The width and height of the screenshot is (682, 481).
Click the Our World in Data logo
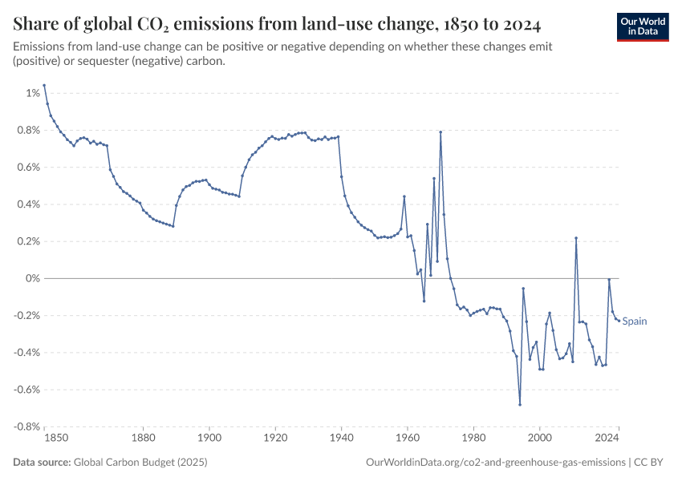coord(642,26)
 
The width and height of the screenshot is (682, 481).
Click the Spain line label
coord(634,321)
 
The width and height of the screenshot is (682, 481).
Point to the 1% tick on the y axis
coord(32,93)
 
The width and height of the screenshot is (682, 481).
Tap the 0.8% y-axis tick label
coord(27,130)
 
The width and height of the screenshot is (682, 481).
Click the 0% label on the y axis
coord(32,278)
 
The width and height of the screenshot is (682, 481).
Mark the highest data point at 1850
coord(44,85)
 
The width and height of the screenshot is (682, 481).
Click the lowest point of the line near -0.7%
coord(520,404)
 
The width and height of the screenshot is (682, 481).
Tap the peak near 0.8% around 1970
coord(440,131)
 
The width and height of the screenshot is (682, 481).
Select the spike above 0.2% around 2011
coord(576,238)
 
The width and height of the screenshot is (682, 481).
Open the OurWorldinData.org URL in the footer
coord(495,463)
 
